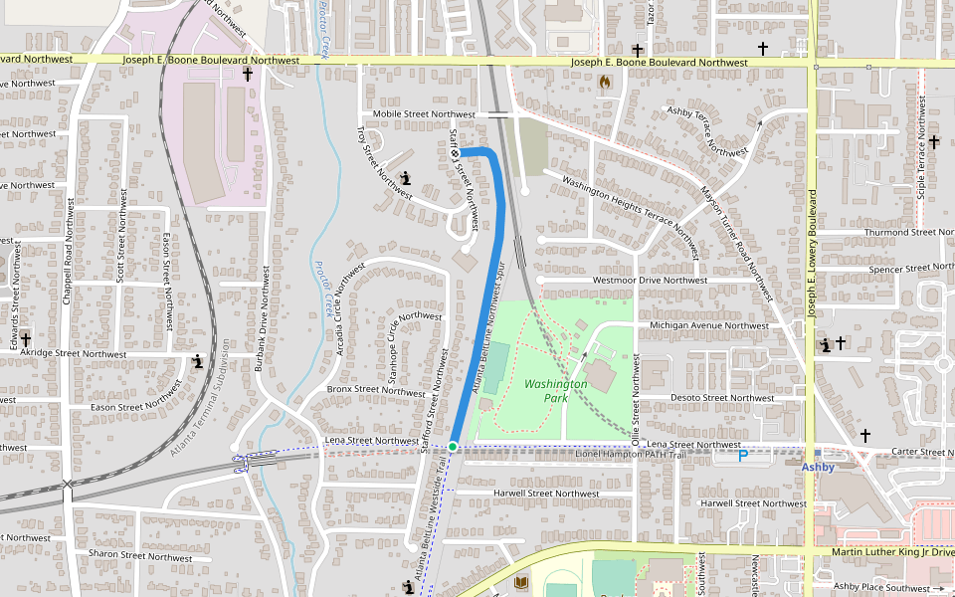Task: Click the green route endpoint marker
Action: pyautogui.click(x=453, y=447)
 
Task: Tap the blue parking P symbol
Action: pyautogui.click(x=742, y=456)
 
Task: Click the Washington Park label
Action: pyautogui.click(x=555, y=390)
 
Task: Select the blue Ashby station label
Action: pyautogui.click(x=818, y=466)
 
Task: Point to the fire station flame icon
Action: pyautogui.click(x=604, y=84)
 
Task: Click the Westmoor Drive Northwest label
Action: pyautogui.click(x=650, y=281)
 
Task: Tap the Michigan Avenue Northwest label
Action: pyautogui.click(x=708, y=325)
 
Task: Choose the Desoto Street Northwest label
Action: pyautogui.click(x=709, y=397)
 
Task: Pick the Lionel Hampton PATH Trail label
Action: pyautogui.click(x=631, y=454)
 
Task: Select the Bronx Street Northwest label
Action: pyautogui.click(x=376, y=391)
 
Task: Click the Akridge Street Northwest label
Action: pyautogui.click(x=74, y=353)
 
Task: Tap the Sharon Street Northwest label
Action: pyautogui.click(x=140, y=556)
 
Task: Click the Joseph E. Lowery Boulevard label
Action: pyautogui.click(x=812, y=254)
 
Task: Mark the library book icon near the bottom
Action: pyautogui.click(x=521, y=582)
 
